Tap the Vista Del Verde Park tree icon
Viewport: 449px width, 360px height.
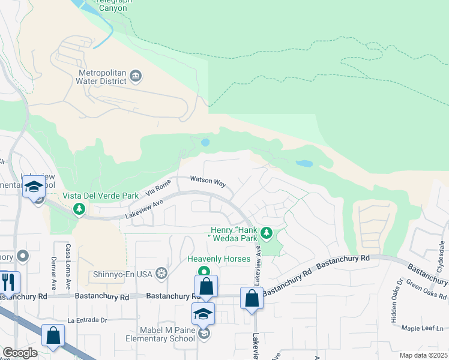pos(77,208)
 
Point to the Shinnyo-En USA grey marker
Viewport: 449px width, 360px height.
pos(161,274)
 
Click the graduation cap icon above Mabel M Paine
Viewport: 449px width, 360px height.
pos(203,313)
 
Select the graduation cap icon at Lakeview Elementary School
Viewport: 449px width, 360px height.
pos(34,187)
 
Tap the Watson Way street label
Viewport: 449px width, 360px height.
pos(208,181)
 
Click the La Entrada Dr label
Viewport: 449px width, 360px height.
pos(86,320)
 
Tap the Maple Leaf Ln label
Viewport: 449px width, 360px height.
pos(422,328)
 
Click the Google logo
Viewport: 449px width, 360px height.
pos(19,353)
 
